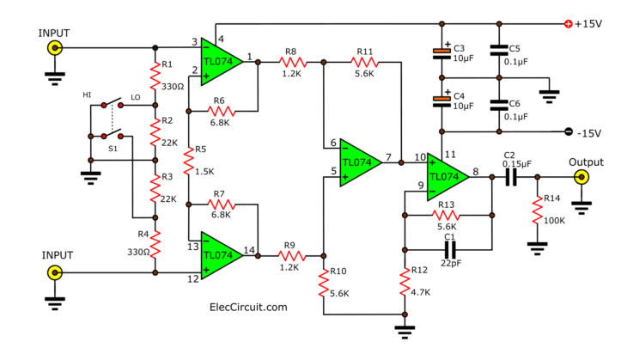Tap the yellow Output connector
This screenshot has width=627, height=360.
[x=581, y=178]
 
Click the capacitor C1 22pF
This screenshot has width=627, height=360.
[x=447, y=249]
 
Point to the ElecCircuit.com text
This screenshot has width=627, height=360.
[x=248, y=306]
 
